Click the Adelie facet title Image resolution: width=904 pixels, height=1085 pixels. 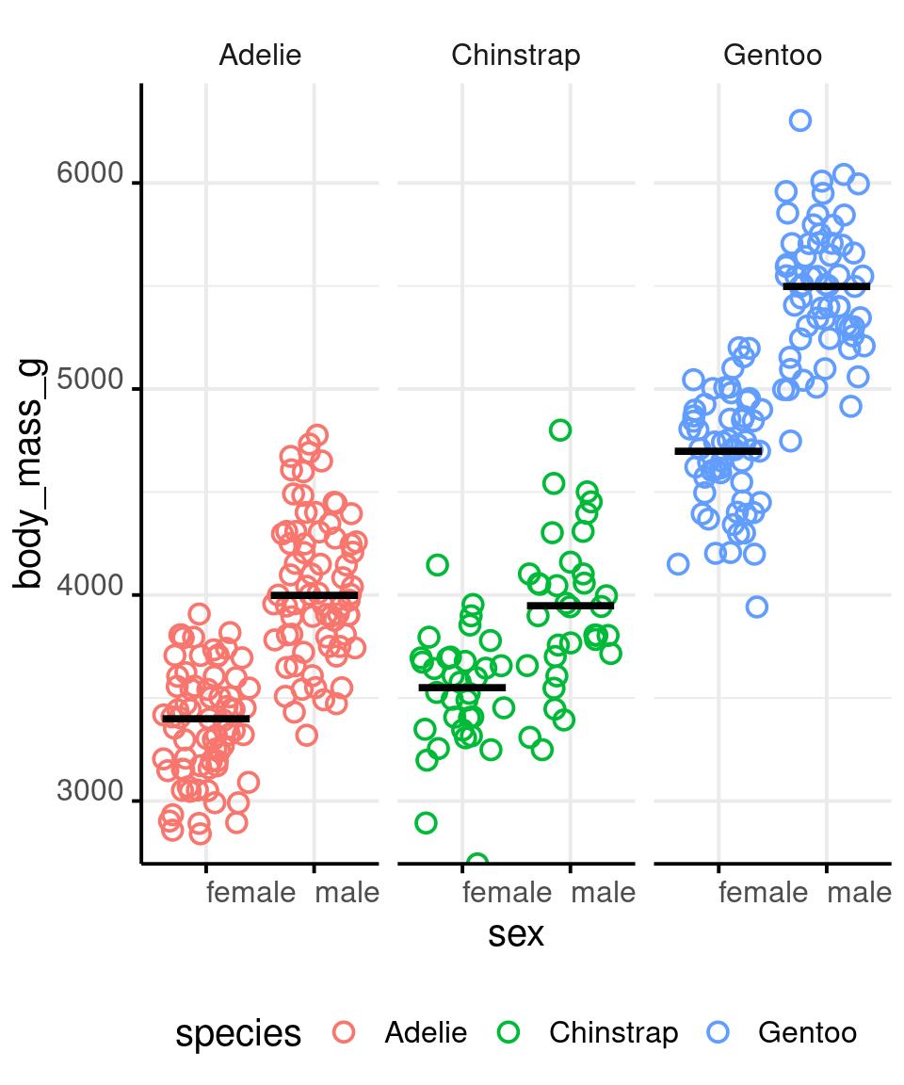260,56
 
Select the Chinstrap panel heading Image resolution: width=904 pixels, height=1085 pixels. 515,56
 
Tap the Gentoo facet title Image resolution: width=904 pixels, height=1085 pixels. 772,56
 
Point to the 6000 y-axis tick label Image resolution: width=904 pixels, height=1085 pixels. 90,174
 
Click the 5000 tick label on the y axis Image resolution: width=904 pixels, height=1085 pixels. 90,381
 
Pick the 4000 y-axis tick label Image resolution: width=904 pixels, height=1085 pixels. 90,587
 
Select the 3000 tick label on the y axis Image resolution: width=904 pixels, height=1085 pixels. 90,792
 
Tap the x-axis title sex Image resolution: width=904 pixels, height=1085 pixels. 515,934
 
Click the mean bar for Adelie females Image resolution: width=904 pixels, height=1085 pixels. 206,719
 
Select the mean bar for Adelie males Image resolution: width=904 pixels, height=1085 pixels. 315,595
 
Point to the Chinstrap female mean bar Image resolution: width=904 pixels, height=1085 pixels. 461,688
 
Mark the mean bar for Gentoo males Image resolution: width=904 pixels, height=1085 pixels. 826,286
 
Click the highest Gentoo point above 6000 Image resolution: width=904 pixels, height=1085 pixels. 800,121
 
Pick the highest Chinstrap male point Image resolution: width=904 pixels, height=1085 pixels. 560,430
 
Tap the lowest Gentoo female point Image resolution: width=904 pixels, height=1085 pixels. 756,607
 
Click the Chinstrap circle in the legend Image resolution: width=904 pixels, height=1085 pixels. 508,1032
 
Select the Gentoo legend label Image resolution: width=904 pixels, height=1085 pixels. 807,1033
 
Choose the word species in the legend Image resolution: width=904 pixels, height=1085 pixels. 238,1033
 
